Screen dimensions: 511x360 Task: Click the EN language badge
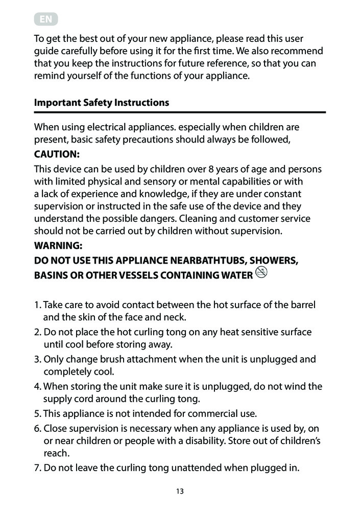[46, 20]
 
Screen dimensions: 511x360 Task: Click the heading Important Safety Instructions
[101, 102]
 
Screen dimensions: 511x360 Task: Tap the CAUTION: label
[57, 154]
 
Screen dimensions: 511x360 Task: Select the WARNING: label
[58, 246]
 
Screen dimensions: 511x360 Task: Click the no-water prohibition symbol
[262, 274]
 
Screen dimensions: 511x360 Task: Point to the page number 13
[180, 492]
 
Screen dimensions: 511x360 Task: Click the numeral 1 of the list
[37, 305]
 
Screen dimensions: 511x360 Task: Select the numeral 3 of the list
[37, 359]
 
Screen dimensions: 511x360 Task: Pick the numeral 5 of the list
[37, 413]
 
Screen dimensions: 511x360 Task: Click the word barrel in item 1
[302, 305]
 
